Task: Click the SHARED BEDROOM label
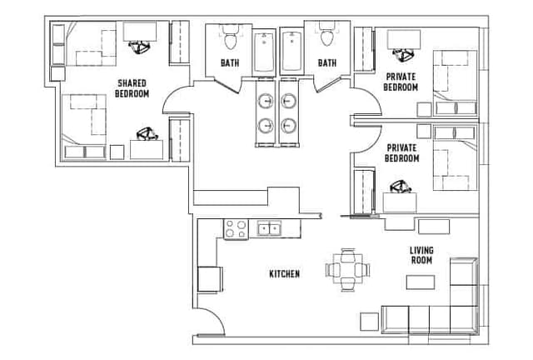132,87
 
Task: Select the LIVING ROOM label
421,254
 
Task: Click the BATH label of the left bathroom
230,62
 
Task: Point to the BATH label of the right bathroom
327,62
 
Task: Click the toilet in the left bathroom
229,38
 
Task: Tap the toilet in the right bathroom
326,38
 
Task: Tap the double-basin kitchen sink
269,227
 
